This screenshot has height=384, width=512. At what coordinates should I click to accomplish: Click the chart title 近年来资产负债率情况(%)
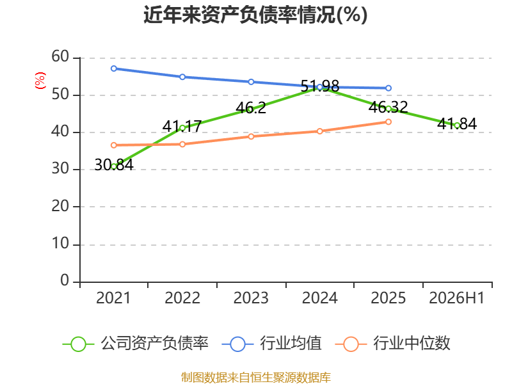pyautogui.click(x=255, y=15)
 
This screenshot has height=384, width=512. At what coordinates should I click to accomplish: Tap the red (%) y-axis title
pyautogui.click(x=40, y=81)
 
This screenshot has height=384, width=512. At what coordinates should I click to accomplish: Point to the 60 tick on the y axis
pyautogui.click(x=60, y=57)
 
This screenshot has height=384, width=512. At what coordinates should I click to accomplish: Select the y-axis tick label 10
pyautogui.click(x=60, y=244)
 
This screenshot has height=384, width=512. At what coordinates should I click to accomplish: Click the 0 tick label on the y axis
pyautogui.click(x=65, y=281)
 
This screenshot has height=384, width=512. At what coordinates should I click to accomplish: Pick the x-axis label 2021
pyautogui.click(x=113, y=298)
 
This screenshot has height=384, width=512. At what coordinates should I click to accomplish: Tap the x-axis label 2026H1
pyautogui.click(x=457, y=298)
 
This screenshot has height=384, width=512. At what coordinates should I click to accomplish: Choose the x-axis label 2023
pyautogui.click(x=251, y=298)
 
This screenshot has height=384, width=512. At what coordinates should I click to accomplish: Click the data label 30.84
pyautogui.click(x=114, y=165)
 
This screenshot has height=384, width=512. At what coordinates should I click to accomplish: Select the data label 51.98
pyautogui.click(x=319, y=86)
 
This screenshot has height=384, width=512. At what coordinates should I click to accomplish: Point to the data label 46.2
pyautogui.click(x=251, y=108)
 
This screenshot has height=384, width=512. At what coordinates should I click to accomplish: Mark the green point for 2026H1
pyautogui.click(x=457, y=125)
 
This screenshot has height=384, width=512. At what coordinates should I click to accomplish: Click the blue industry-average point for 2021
pyautogui.click(x=114, y=68)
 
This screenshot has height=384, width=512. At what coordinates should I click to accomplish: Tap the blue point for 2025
pyautogui.click(x=388, y=88)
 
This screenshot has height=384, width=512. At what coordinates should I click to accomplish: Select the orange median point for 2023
pyautogui.click(x=251, y=136)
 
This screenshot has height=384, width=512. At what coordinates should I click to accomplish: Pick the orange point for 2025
pyautogui.click(x=388, y=122)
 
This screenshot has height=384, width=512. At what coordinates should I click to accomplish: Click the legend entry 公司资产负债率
pyautogui.click(x=135, y=344)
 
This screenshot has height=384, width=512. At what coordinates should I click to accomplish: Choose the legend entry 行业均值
pyautogui.click(x=271, y=344)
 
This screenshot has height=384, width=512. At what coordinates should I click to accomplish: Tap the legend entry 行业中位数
pyautogui.click(x=392, y=344)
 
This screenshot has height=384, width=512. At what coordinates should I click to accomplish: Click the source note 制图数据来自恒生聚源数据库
pyautogui.click(x=255, y=378)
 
